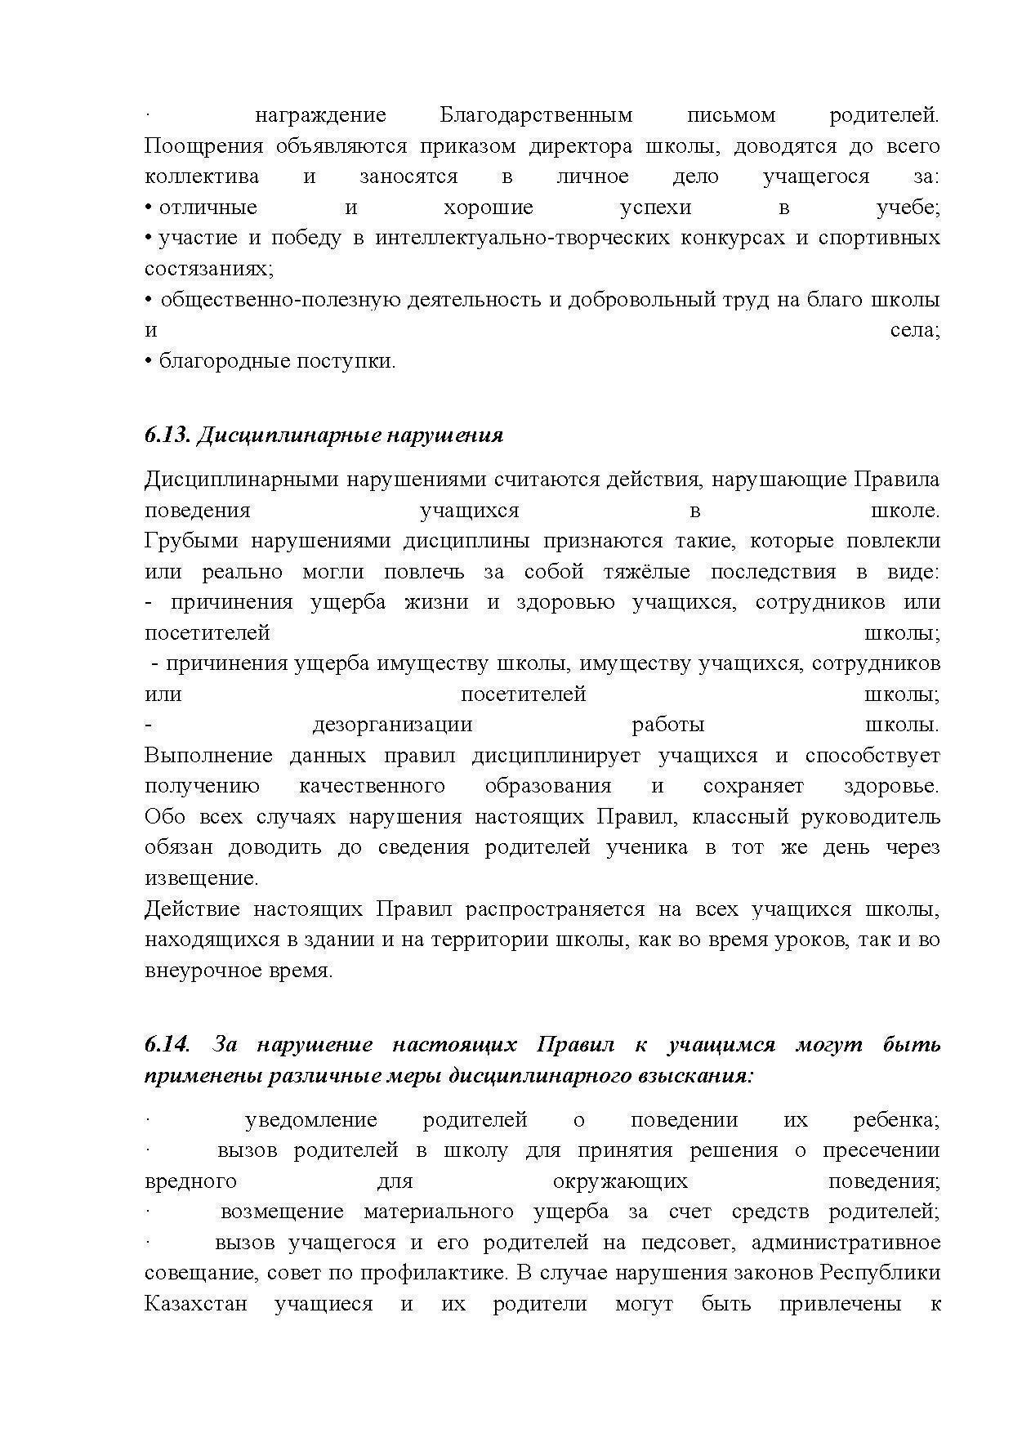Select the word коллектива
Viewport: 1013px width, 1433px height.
(x=202, y=176)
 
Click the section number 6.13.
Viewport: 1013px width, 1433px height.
(x=167, y=435)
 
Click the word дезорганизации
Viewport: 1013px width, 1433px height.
(x=392, y=725)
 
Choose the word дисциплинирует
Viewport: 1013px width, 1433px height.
(x=556, y=756)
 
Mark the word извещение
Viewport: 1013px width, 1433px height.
(x=201, y=878)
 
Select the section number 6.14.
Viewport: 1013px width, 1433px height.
(x=167, y=1045)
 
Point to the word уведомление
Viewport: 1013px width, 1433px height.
(x=311, y=1119)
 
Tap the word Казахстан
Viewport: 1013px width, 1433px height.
(x=195, y=1304)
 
